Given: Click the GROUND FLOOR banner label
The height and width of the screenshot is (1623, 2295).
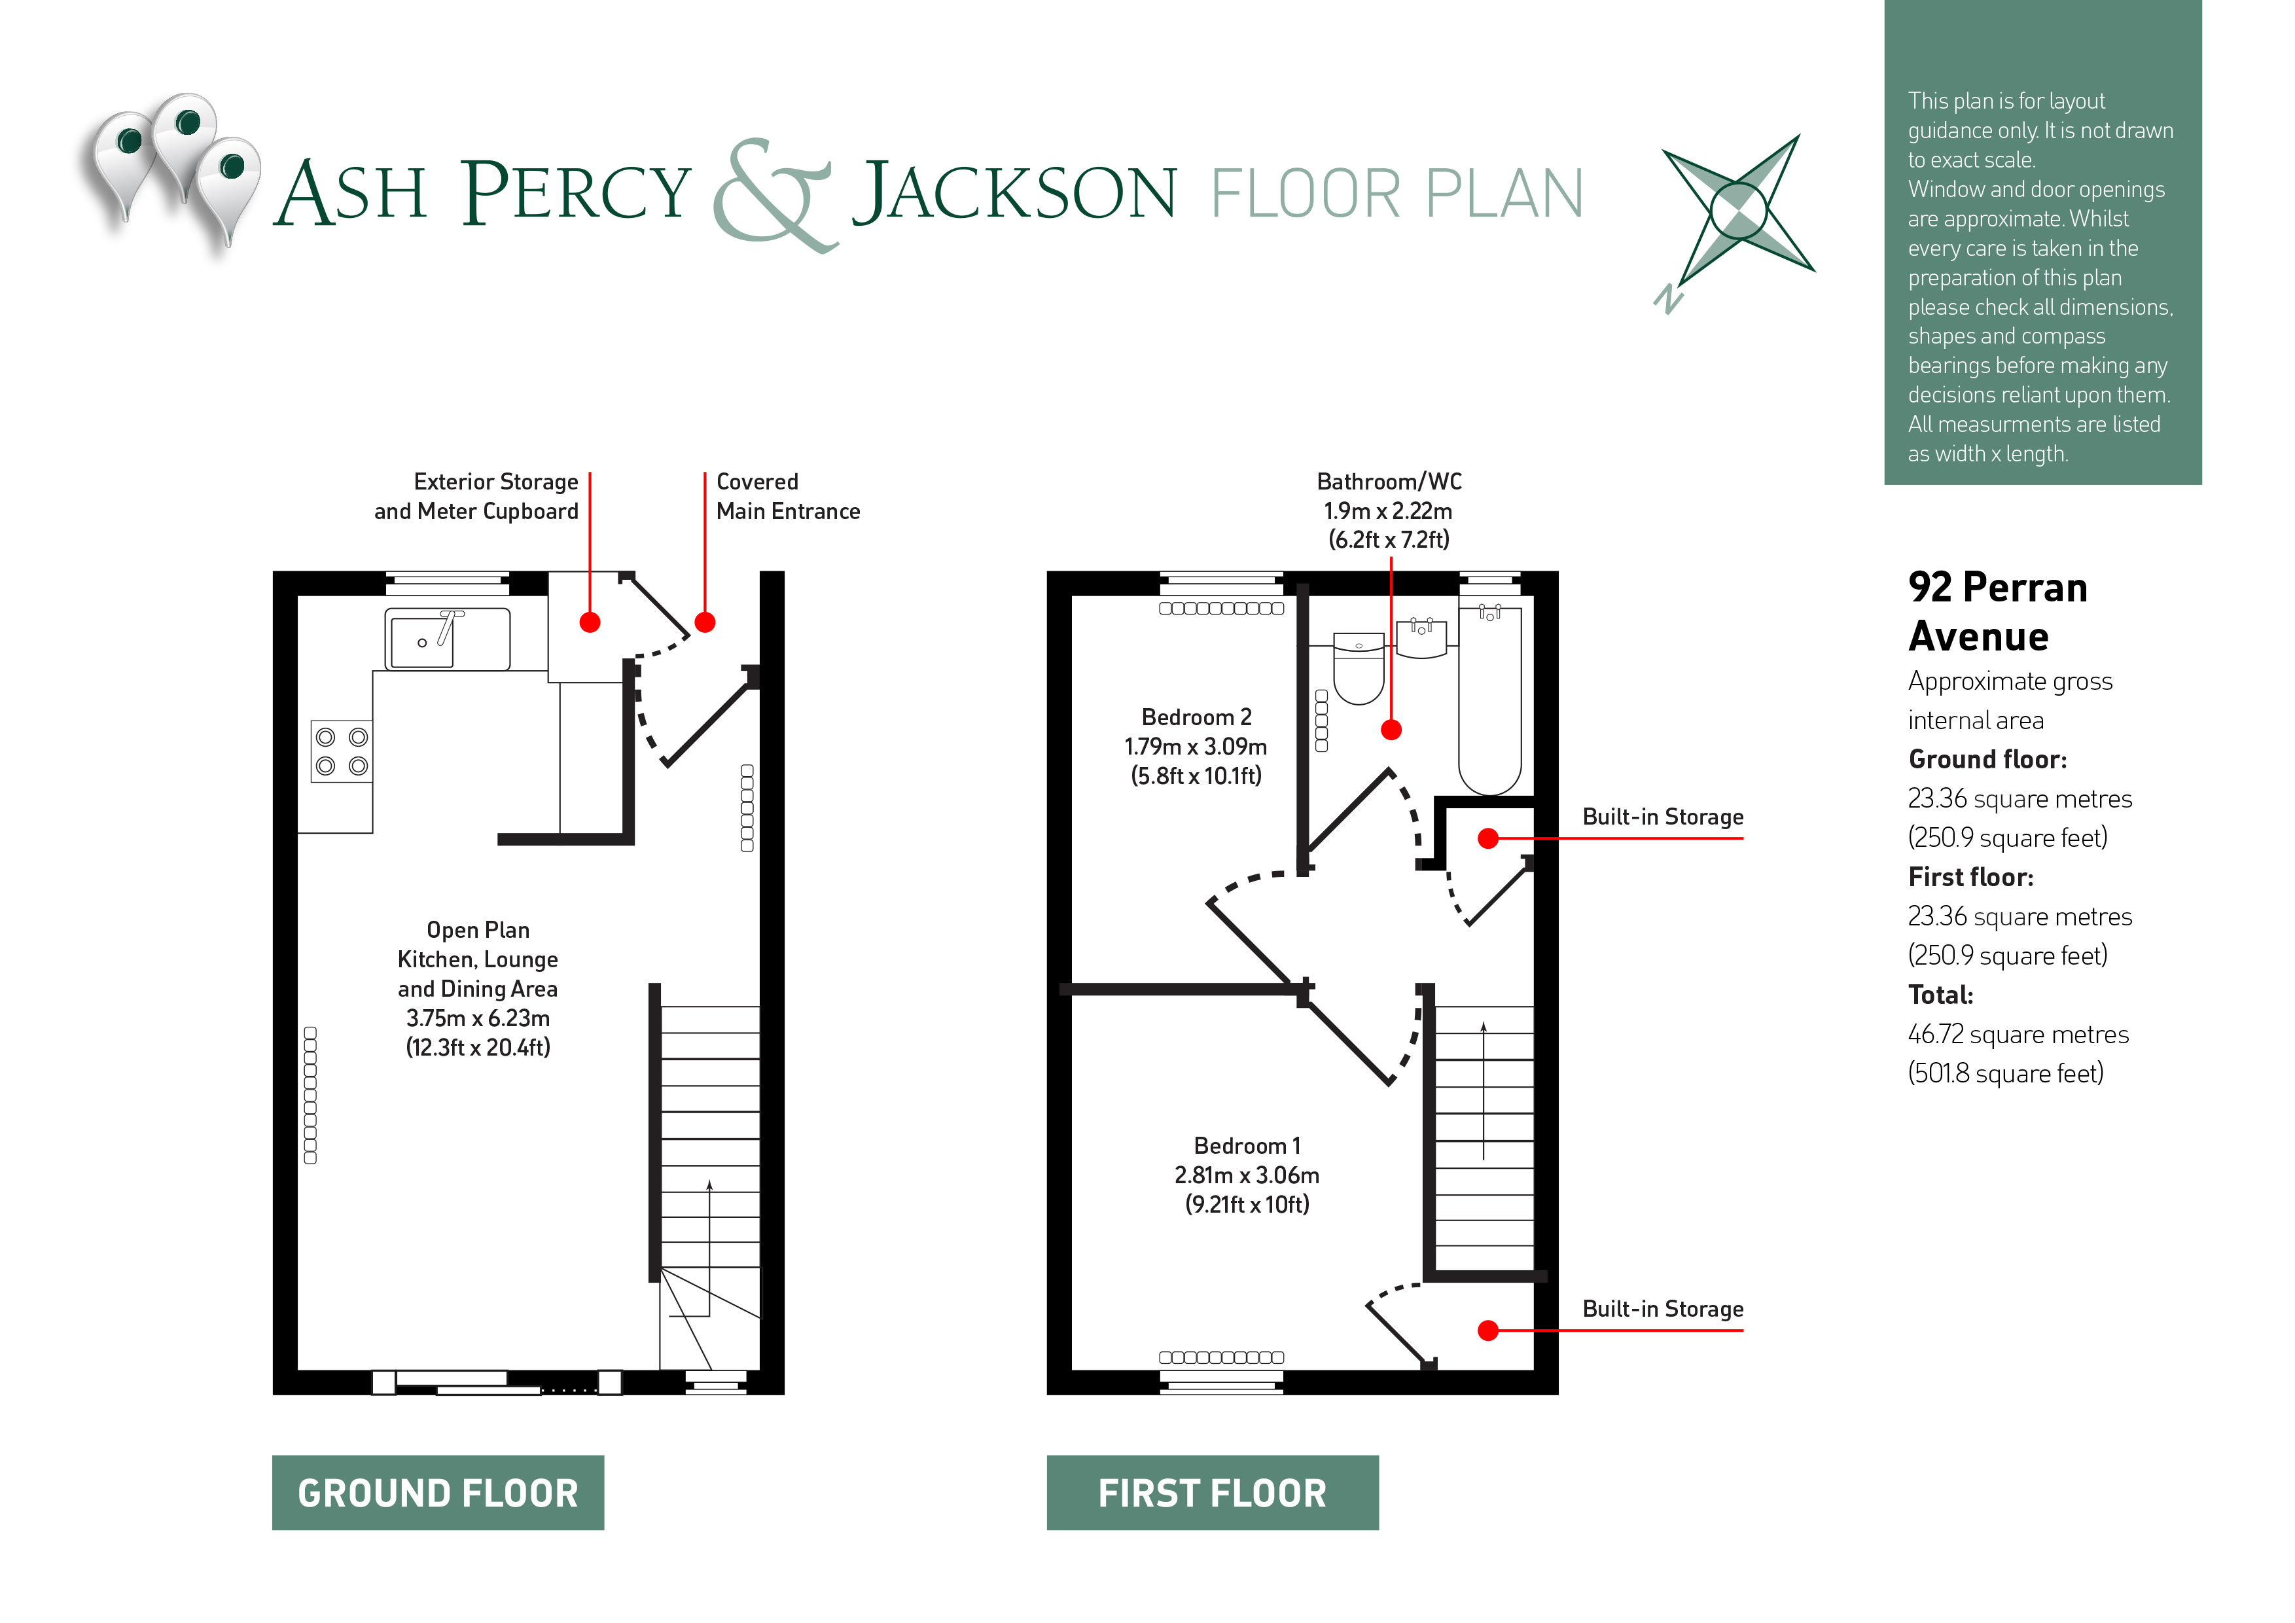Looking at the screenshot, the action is tap(438, 1492).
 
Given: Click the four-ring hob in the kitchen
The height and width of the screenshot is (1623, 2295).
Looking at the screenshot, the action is tap(342, 751).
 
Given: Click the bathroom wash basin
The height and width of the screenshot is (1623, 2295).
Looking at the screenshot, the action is tap(1420, 637).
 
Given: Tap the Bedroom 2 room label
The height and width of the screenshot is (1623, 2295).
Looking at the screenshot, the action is tap(1196, 717).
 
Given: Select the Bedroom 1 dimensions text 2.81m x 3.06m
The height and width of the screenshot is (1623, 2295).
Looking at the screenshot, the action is tap(1247, 1175).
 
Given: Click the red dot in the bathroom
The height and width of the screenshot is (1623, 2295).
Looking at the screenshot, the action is tap(1391, 730).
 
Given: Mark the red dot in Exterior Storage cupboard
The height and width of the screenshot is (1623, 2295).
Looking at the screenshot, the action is tap(590, 622).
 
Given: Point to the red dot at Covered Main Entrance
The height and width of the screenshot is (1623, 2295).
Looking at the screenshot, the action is tap(705, 622).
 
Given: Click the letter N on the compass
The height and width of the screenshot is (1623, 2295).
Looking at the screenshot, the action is tap(1667, 298).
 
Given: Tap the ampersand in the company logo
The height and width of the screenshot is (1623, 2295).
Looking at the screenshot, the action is tap(772, 195).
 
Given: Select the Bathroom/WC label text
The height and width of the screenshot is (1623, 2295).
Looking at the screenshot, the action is tap(1389, 482).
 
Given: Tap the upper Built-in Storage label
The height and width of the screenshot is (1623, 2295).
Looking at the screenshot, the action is tap(1662, 817).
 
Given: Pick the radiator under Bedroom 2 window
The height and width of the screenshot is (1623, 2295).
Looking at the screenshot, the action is tap(1220, 609).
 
